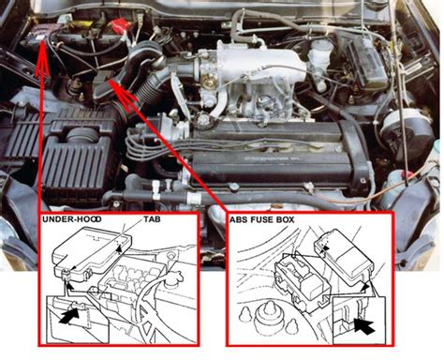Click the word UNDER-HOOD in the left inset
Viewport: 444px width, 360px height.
(72, 219)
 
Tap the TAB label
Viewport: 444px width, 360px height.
(152, 219)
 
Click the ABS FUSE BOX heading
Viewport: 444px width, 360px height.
(261, 219)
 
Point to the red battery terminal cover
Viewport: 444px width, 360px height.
(119, 24)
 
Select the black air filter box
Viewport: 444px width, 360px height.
(75, 157)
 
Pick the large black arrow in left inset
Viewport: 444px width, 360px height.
(67, 316)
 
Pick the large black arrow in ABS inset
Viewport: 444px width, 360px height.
(364, 326)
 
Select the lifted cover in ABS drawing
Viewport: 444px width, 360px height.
(344, 255)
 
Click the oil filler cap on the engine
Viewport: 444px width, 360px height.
(204, 120)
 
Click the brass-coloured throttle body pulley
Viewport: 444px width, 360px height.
(210, 82)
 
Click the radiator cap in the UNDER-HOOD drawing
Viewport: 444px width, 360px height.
(172, 279)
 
